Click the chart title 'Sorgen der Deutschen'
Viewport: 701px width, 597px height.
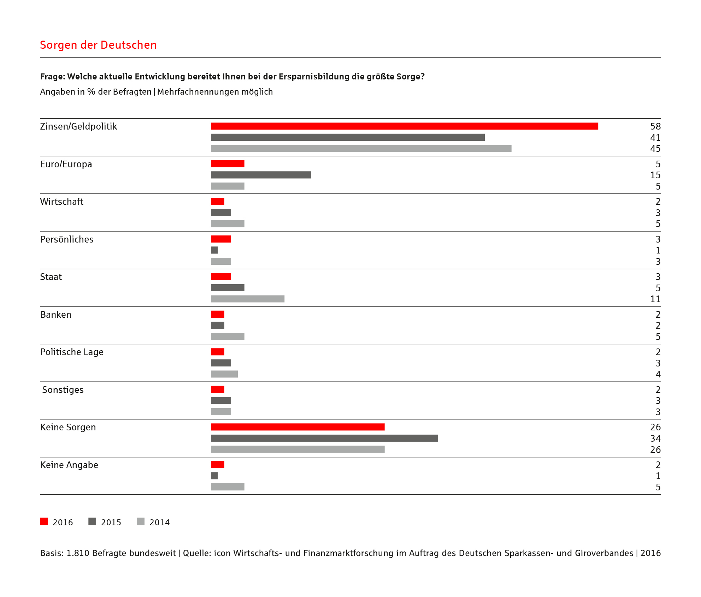98,45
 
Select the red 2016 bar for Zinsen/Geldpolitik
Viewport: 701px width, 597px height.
405,126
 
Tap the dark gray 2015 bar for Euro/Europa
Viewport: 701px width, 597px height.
261,175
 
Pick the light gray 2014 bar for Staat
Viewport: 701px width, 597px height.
248,299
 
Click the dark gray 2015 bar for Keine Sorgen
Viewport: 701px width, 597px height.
324,438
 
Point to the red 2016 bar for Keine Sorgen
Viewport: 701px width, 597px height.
298,427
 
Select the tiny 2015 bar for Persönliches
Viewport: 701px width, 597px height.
214,250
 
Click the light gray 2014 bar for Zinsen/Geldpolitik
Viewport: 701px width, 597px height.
361,148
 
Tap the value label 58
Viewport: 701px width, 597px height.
655,126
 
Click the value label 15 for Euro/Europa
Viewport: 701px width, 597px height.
655,175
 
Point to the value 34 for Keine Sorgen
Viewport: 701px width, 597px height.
655,438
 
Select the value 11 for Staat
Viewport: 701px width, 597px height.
655,299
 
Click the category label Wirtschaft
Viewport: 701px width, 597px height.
62,202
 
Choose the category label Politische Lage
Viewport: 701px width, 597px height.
72,352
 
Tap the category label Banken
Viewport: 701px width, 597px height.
56,315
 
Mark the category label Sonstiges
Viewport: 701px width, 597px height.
63,390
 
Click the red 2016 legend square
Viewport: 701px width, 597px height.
44,521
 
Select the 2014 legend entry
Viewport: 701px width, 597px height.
153,522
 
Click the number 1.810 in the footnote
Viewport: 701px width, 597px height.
78,553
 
